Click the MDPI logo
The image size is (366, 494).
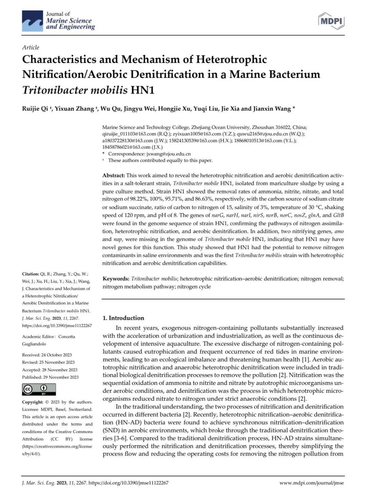[331, 21]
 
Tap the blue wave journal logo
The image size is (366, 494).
[33, 21]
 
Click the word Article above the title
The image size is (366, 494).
[30, 47]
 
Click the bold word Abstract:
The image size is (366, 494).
[114, 175]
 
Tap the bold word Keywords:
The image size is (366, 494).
[116, 279]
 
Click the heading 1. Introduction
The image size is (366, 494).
[123, 318]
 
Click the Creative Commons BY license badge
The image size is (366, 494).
[39, 389]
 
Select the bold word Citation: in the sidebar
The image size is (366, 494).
[30, 274]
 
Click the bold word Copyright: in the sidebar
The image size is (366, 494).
[33, 402]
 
